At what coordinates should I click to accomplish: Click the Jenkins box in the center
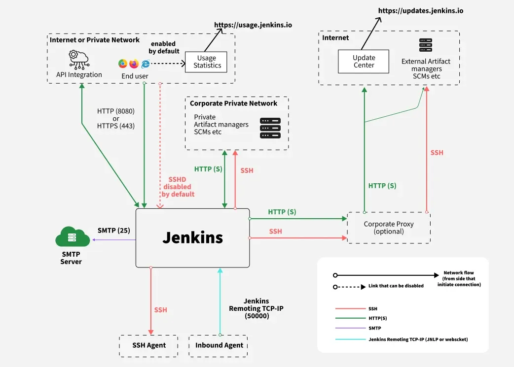coord(192,237)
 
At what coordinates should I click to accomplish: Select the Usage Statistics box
coord(207,62)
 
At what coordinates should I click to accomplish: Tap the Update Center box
coord(364,62)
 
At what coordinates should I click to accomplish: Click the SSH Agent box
coord(149,345)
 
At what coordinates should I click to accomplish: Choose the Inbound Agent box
coord(219,345)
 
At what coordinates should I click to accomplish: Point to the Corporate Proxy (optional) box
coord(389,228)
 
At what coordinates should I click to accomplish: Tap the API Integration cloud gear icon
coord(79,59)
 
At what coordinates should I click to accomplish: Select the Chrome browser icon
coord(123,64)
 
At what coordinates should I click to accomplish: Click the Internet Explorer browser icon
coord(146,64)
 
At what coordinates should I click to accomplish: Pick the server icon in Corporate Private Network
coord(270,128)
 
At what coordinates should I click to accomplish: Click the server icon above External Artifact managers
coord(425,45)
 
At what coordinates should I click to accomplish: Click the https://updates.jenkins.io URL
coord(420,10)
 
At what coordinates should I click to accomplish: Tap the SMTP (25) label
coord(113,230)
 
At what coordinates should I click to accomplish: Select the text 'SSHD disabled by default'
coord(178,187)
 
